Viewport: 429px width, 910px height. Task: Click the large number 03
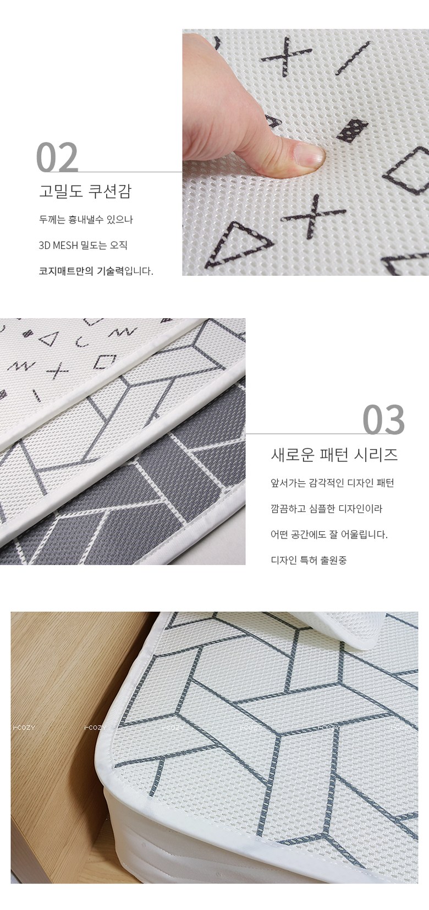pyautogui.click(x=383, y=419)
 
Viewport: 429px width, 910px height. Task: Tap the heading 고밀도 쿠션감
pyautogui.click(x=85, y=191)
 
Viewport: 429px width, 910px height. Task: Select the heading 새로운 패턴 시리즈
pyautogui.click(x=334, y=455)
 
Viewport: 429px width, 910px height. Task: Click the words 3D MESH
pyautogui.click(x=58, y=246)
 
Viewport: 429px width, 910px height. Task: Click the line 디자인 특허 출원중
pyautogui.click(x=309, y=560)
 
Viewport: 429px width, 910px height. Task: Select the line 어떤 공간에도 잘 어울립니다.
pyautogui.click(x=329, y=535)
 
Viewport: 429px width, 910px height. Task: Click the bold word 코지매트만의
pyautogui.click(x=66, y=271)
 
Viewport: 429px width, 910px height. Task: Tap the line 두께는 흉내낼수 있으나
pyautogui.click(x=86, y=220)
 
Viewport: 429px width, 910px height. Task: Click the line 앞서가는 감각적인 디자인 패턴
pyautogui.click(x=332, y=483)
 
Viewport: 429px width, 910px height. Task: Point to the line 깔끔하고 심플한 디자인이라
pyautogui.click(x=327, y=509)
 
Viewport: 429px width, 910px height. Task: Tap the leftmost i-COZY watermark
pyautogui.click(x=24, y=728)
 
